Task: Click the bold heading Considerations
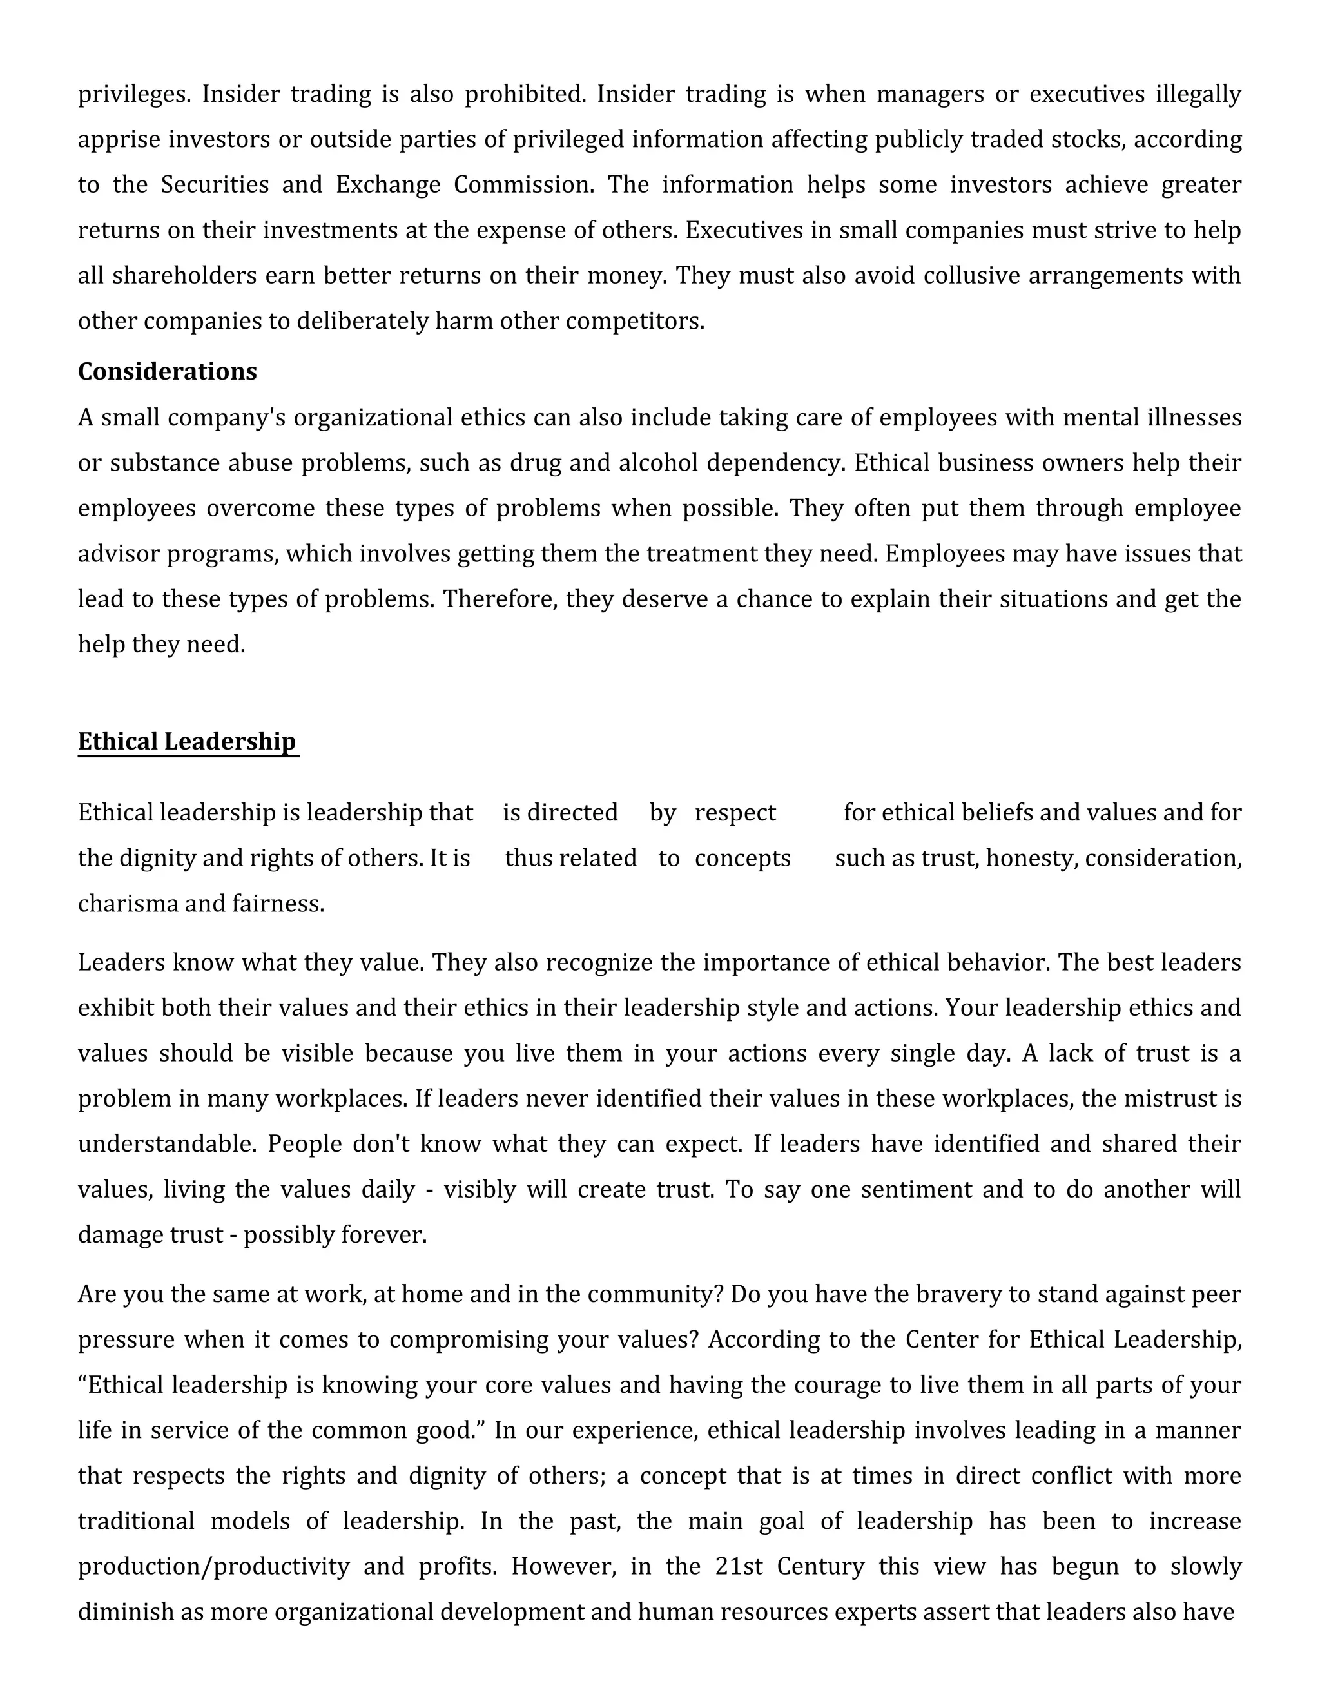[168, 371]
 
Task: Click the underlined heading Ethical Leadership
[187, 741]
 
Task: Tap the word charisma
[128, 904]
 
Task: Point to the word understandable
[166, 1144]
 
